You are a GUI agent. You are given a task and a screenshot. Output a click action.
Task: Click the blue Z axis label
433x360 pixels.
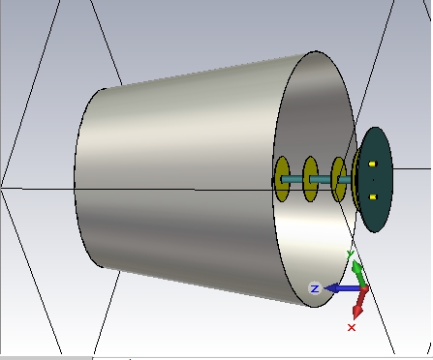(x=315, y=288)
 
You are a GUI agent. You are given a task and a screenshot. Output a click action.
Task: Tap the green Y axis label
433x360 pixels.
(x=351, y=255)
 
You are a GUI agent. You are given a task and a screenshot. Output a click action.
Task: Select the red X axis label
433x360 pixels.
(x=352, y=328)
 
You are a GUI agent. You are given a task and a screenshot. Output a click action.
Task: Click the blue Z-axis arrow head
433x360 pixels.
(x=331, y=288)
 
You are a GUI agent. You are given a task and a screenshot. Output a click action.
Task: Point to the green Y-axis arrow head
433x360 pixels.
(x=357, y=267)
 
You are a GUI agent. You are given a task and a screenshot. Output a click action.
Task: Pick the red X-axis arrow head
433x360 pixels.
(x=358, y=311)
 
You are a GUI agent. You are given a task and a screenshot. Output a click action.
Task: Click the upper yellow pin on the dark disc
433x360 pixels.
(x=372, y=165)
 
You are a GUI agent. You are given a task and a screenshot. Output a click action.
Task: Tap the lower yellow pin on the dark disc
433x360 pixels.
(x=373, y=196)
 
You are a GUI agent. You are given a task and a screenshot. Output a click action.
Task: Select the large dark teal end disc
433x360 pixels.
(x=375, y=179)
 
